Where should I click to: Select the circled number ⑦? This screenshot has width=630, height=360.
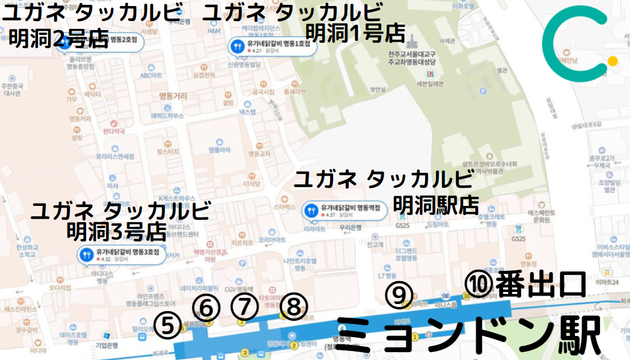pyautogui.click(x=244, y=307)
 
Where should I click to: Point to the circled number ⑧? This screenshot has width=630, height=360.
pyautogui.click(x=293, y=308)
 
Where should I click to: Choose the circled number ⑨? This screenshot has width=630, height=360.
pyautogui.click(x=399, y=294)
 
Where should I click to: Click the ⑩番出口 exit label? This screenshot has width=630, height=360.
pyautogui.click(x=525, y=284)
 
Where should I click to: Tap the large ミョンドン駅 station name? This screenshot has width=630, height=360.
pyautogui.click(x=468, y=335)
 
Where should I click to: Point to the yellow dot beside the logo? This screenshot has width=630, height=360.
pyautogui.click(x=613, y=61)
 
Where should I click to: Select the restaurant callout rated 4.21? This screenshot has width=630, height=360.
pyautogui.click(x=272, y=46)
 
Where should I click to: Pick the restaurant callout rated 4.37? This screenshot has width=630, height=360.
pyautogui.click(x=343, y=210)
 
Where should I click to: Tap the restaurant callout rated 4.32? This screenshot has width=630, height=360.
pyautogui.click(x=122, y=255)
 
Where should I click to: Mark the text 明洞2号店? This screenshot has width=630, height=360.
pyautogui.click(x=58, y=39)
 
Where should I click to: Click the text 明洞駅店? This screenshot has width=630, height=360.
pyautogui.click(x=435, y=205)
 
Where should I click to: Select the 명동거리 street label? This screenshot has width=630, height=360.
pyautogui.click(x=173, y=96)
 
